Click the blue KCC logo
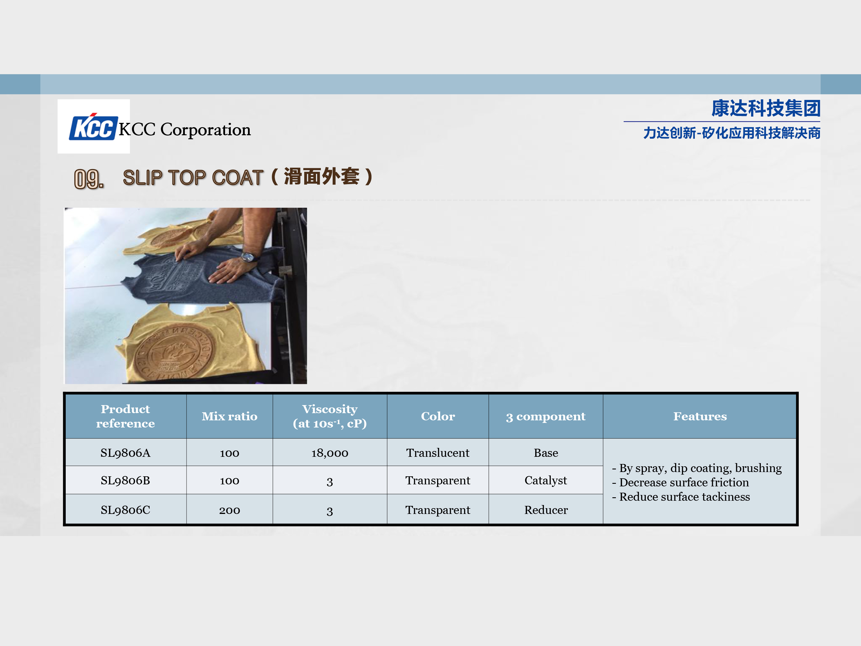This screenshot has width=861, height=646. coord(93,127)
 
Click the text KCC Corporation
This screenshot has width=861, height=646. coord(185,130)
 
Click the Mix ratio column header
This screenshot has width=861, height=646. coord(230,416)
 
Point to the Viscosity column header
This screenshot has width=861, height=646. coord(330,416)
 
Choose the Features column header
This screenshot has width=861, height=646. coord(700,416)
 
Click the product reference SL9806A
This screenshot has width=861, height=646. coord(125,453)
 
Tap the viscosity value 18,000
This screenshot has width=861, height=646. coord(330,453)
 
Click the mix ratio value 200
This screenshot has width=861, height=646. coord(230,510)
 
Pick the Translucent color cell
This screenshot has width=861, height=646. coord(438,453)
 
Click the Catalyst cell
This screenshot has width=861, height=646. coord(546,481)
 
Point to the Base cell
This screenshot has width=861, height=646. coord(546,453)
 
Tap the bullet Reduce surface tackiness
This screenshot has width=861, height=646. coord(681,497)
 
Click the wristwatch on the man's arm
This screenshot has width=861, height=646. coord(248,257)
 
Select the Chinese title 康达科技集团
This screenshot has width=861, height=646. coord(766,108)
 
